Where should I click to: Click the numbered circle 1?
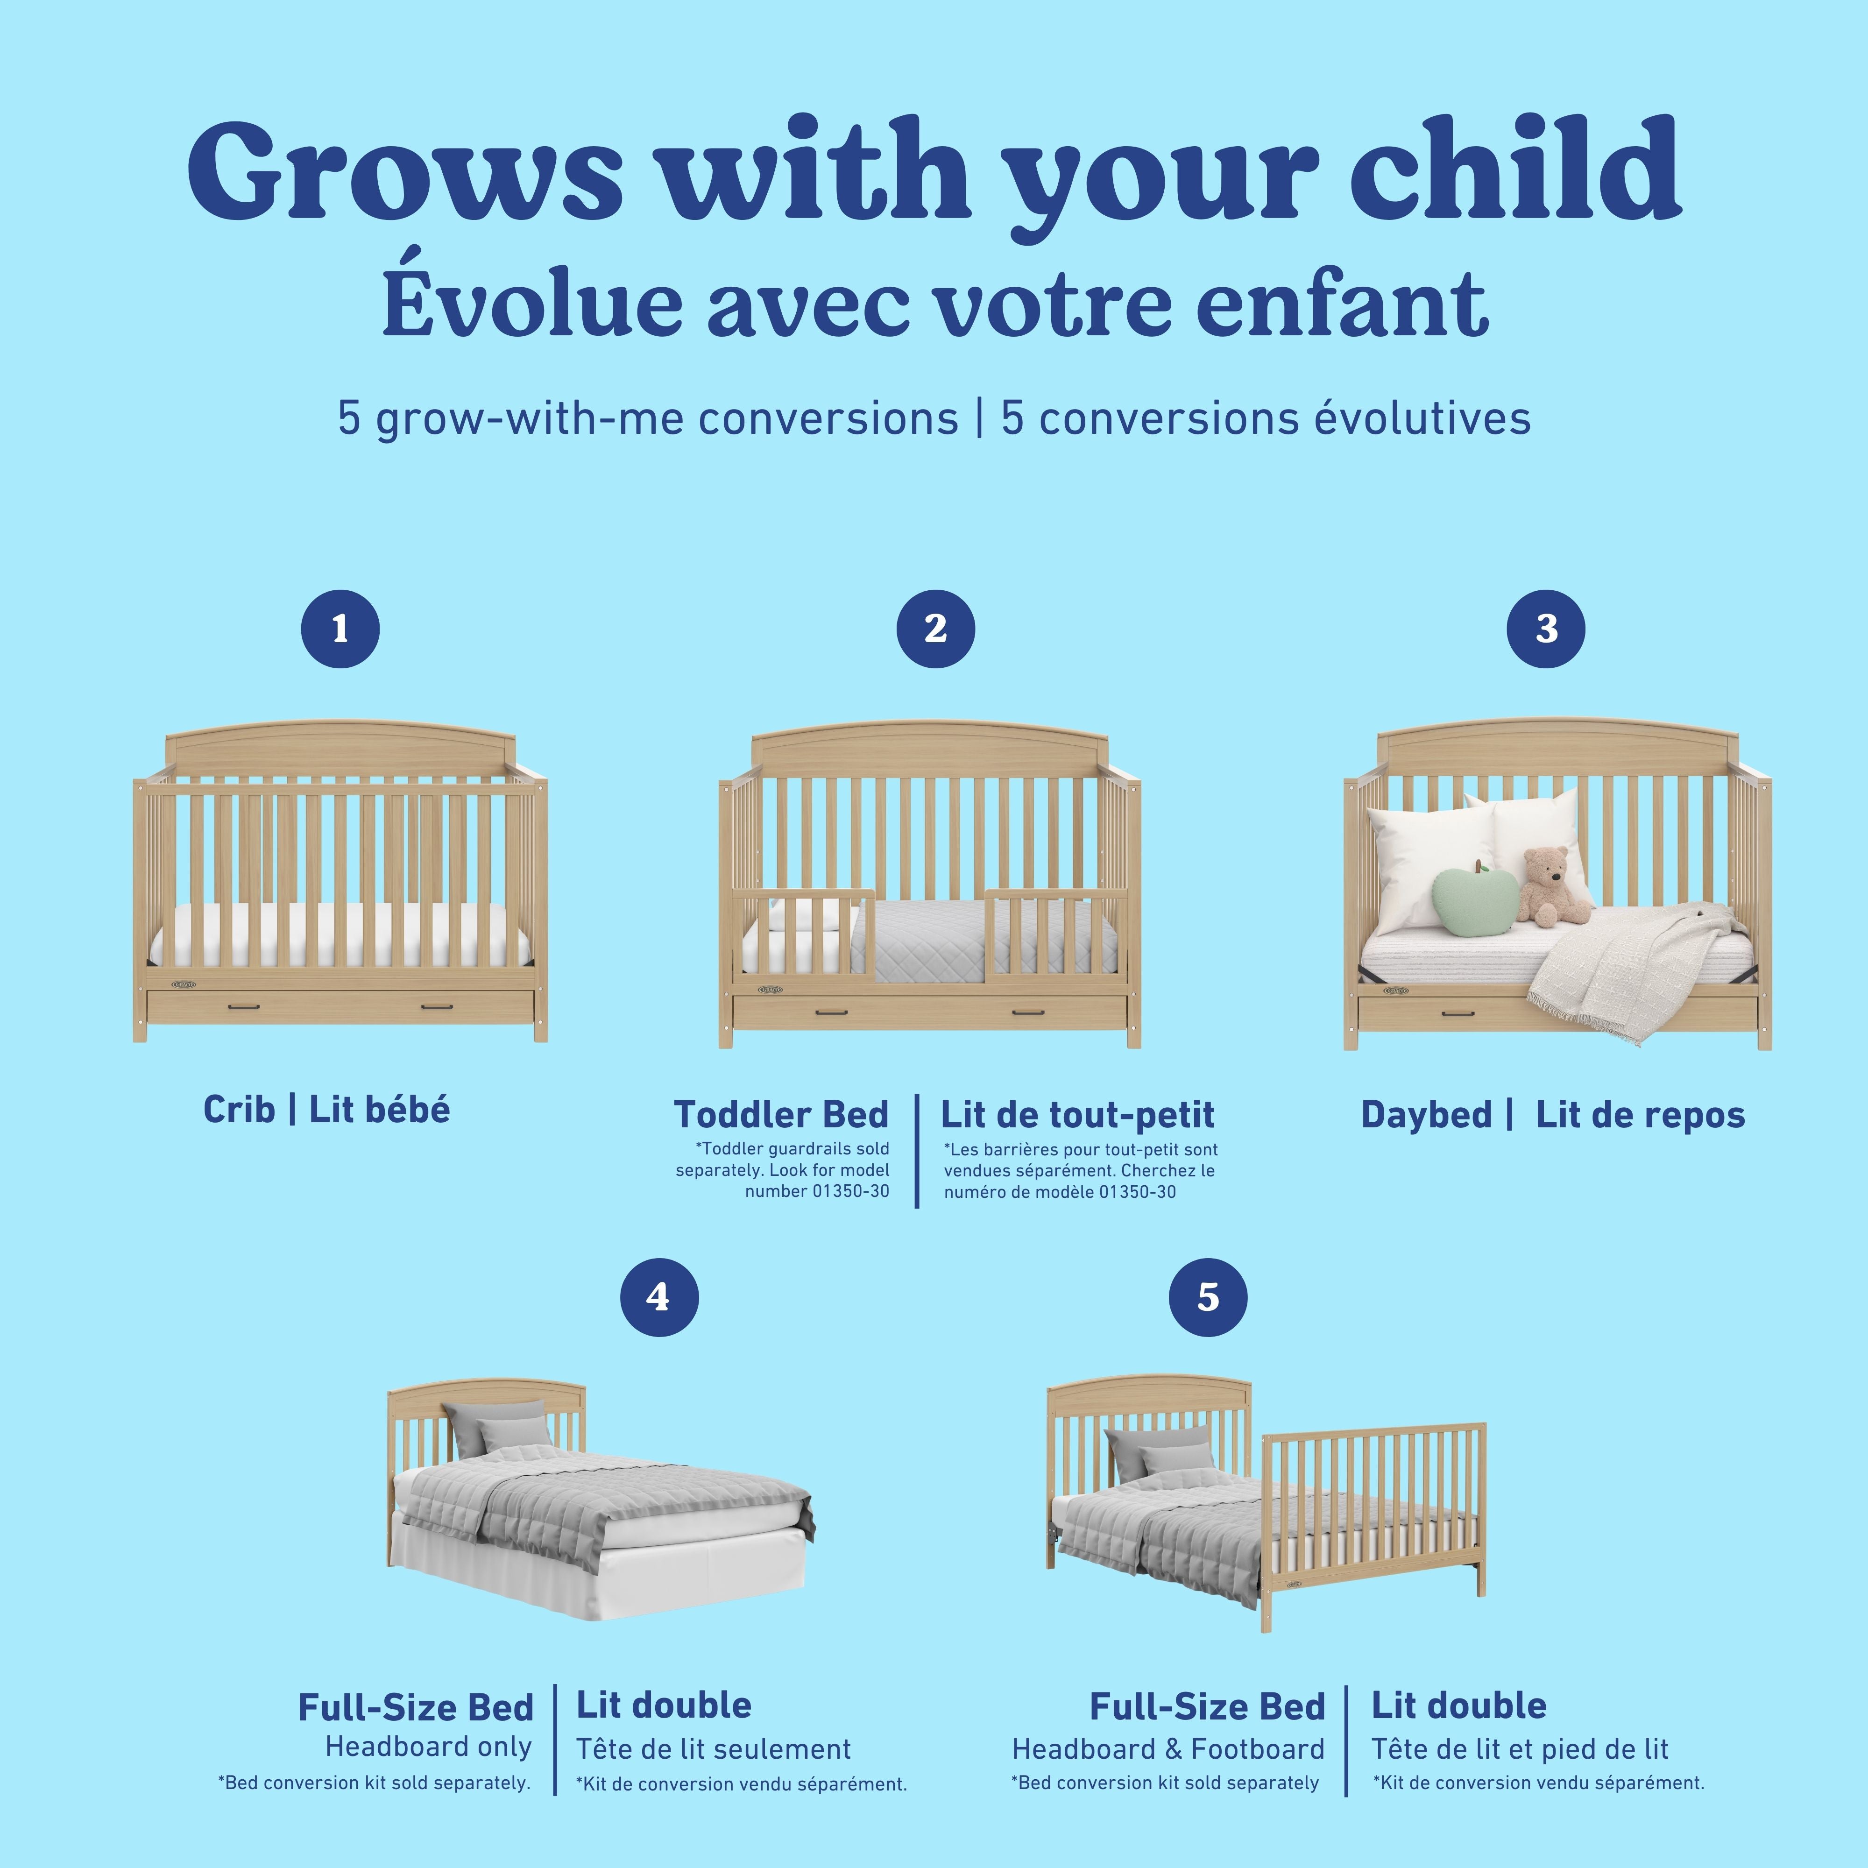pyautogui.click(x=340, y=630)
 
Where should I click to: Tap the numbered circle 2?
pyautogui.click(x=935, y=630)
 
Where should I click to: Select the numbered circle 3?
pyautogui.click(x=1546, y=630)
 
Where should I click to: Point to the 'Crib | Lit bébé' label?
pyautogui.click(x=327, y=1110)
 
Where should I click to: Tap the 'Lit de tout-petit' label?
pyautogui.click(x=1077, y=1115)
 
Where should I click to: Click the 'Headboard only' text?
pyautogui.click(x=428, y=1746)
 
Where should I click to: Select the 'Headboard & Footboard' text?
pyautogui.click(x=1168, y=1749)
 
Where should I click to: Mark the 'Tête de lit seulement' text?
pyautogui.click(x=714, y=1749)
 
